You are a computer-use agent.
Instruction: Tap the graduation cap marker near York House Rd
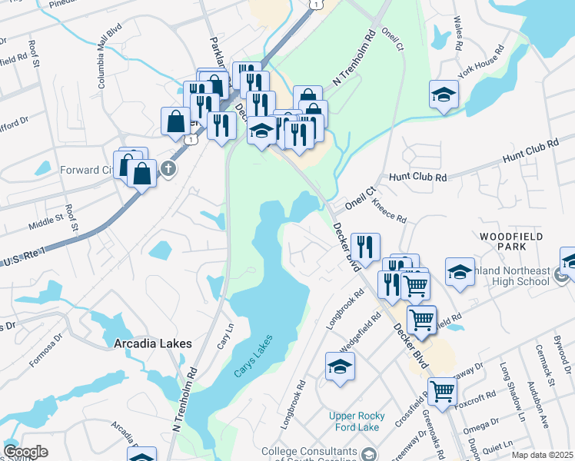coord(444,95)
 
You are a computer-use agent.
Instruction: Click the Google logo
coord(25,452)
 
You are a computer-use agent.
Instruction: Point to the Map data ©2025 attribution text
coord(542,455)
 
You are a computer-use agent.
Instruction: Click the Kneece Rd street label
coord(388,209)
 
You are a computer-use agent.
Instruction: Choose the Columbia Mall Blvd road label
coord(111,61)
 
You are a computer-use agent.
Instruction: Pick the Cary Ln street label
coord(225,335)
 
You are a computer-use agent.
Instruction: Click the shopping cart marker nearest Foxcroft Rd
coord(442,392)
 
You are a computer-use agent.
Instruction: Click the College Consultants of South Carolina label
coord(309,453)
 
